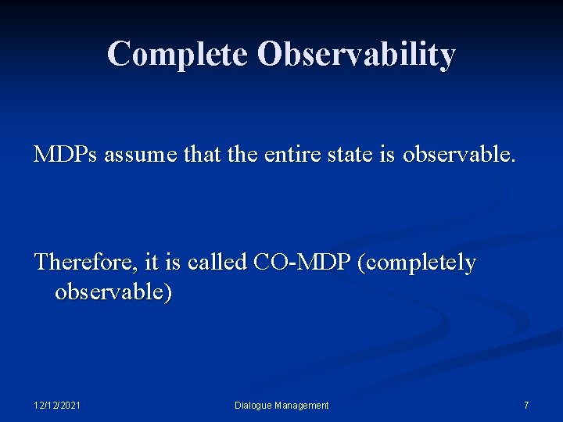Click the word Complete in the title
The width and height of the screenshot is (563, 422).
tap(178, 54)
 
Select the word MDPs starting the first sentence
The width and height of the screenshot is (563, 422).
tap(66, 155)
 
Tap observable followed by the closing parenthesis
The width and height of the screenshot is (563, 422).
tap(113, 293)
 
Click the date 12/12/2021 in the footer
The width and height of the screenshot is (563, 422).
tap(57, 406)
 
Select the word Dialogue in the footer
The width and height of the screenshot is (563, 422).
tap(253, 406)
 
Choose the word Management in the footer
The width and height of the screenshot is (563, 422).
tap(302, 406)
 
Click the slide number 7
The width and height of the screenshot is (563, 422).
tap(526, 406)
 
